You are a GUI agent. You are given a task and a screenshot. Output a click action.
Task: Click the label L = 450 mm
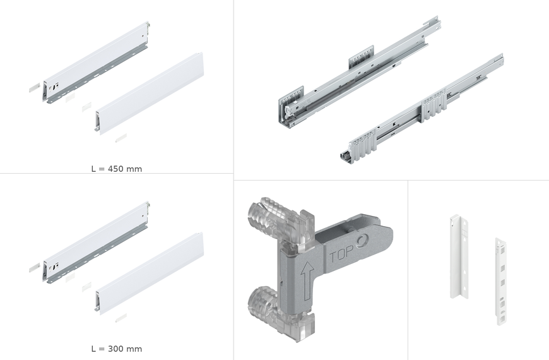[117, 169]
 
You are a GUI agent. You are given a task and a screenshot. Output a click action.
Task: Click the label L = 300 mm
[117, 349]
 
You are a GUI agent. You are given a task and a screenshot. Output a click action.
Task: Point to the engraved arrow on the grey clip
[307, 280]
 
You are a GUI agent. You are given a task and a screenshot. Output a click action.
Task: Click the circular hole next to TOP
[362, 241]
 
